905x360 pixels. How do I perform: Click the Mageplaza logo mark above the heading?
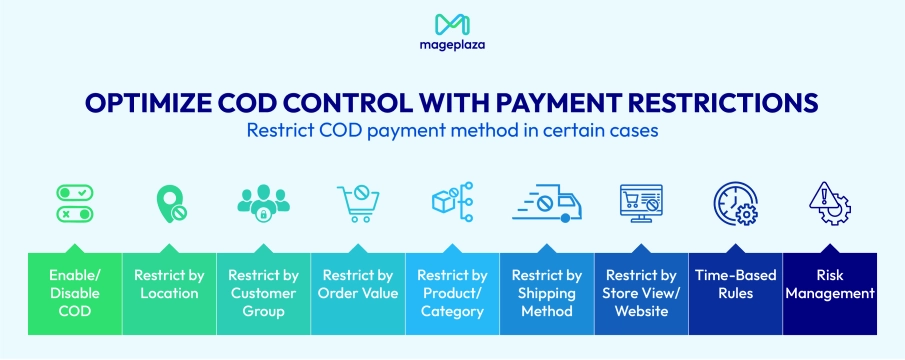452,23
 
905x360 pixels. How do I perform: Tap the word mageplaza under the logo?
452,44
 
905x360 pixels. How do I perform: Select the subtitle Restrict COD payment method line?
452,130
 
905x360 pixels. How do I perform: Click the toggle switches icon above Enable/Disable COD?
75,203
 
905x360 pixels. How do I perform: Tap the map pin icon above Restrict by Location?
170,204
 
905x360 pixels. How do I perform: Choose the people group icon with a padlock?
263,204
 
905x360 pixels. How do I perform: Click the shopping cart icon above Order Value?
358,204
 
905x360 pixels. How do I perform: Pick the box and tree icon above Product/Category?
452,203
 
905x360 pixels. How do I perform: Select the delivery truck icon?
547,203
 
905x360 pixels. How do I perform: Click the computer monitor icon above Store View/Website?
641,204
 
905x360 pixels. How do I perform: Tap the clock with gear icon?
735,204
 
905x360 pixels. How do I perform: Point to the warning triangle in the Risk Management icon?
823,197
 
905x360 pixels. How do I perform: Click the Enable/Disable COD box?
75,294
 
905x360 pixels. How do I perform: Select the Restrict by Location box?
169,294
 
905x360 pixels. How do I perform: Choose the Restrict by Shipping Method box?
547,294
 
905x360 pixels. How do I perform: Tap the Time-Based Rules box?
735,294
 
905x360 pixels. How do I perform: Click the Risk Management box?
830,294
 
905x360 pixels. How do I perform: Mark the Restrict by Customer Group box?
264,294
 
